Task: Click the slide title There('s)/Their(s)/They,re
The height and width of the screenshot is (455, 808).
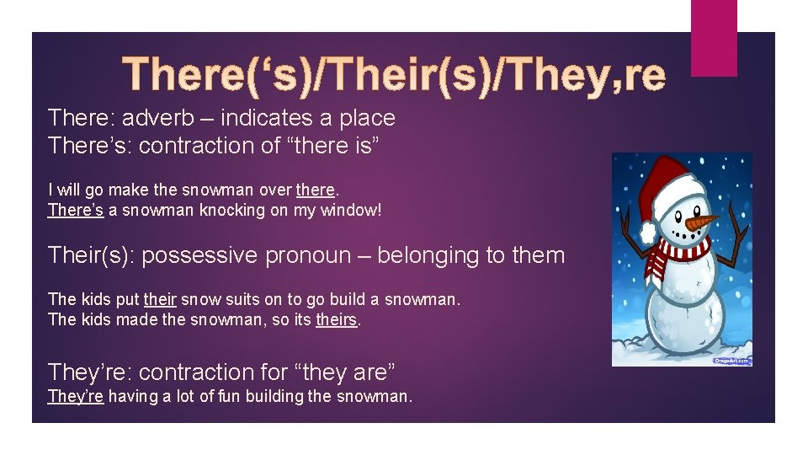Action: click(394, 74)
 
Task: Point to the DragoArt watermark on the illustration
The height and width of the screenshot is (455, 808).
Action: click(731, 360)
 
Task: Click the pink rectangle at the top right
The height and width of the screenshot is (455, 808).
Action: click(713, 38)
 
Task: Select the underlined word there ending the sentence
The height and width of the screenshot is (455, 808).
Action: click(316, 190)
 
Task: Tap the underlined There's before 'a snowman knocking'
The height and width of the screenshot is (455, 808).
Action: click(75, 210)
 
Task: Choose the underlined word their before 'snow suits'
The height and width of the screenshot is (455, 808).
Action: click(160, 299)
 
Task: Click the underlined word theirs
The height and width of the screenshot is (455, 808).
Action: click(337, 319)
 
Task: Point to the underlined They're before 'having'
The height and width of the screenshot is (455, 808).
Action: click(76, 395)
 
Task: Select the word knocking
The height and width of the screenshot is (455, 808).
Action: click(230, 210)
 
